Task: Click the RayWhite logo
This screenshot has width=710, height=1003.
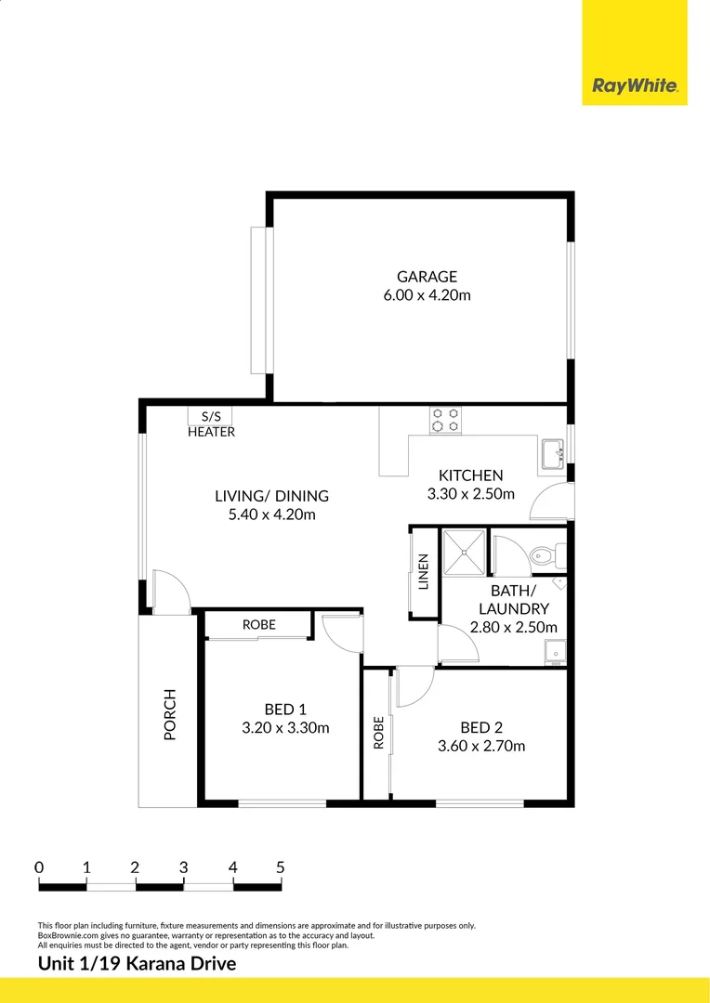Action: [635, 86]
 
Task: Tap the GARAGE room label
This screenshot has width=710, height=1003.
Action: [427, 276]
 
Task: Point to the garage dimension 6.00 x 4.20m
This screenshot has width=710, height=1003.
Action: [427, 295]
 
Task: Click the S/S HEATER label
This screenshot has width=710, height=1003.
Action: [211, 424]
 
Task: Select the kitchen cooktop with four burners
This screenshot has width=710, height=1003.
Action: [445, 420]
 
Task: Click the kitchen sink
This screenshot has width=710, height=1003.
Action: [554, 455]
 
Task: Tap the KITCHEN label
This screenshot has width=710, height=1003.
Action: [471, 475]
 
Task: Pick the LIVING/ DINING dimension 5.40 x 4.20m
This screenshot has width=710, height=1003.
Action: [271, 515]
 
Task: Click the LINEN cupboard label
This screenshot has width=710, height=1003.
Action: [424, 572]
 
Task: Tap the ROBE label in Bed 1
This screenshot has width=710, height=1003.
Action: [259, 625]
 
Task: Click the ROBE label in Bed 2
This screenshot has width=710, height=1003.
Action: [378, 733]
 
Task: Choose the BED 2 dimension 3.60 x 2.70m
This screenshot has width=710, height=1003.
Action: [481, 746]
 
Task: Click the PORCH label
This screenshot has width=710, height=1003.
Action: [170, 714]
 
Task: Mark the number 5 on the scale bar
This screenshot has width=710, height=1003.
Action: [281, 867]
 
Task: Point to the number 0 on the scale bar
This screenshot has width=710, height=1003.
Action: [39, 867]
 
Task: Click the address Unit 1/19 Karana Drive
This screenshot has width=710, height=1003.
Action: [137, 963]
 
